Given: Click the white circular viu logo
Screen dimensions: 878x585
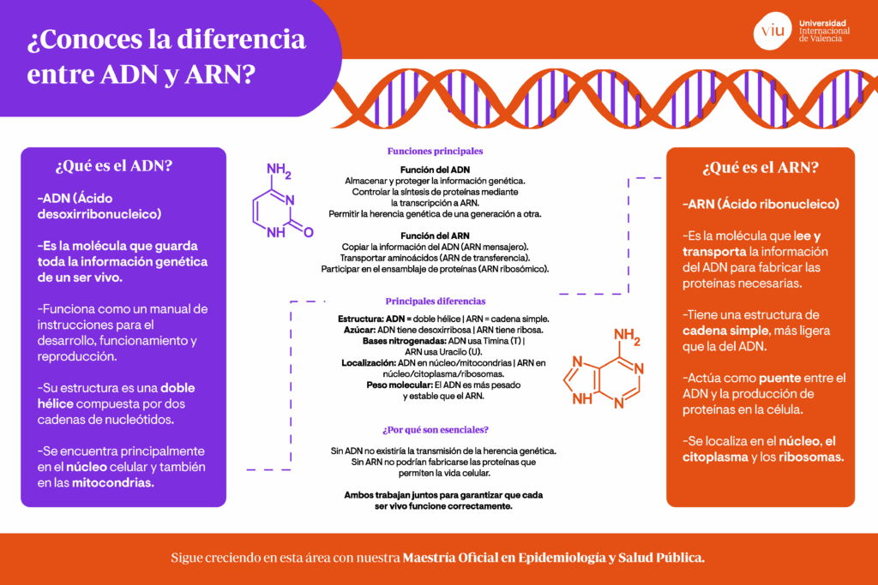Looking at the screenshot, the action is (x=773, y=31).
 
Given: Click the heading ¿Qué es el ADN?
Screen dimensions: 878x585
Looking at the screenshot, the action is (x=114, y=166).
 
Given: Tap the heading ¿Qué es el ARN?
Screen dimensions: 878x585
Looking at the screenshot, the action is (x=761, y=167).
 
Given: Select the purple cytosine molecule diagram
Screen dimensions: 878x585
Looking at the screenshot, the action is (x=282, y=200).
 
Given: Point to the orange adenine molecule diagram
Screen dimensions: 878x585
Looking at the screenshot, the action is (x=603, y=368).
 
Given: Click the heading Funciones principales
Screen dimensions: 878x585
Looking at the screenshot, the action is (x=435, y=151).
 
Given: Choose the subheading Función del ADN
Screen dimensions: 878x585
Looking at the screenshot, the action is (x=435, y=170).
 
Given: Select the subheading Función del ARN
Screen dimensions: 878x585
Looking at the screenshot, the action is (x=435, y=236).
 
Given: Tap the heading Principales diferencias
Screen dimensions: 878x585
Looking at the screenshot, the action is (x=435, y=301).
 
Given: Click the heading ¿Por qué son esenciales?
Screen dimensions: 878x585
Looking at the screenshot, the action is (x=435, y=429).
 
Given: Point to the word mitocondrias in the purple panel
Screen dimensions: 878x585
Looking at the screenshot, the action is (x=112, y=483).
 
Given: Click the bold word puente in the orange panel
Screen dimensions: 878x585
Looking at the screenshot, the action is (x=779, y=378).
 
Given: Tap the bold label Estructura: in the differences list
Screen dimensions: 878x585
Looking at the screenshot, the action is (x=360, y=319).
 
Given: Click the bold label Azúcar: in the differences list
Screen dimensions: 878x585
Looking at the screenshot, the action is (x=359, y=330).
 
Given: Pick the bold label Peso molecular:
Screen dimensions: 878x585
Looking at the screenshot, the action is (x=400, y=385).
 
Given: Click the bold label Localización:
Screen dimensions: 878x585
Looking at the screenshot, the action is (x=369, y=363).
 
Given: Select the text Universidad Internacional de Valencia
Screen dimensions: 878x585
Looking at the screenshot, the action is (x=824, y=31).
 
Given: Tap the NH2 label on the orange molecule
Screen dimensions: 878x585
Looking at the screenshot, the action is (x=627, y=337).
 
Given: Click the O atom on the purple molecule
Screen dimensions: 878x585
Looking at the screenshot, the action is (x=309, y=232).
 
